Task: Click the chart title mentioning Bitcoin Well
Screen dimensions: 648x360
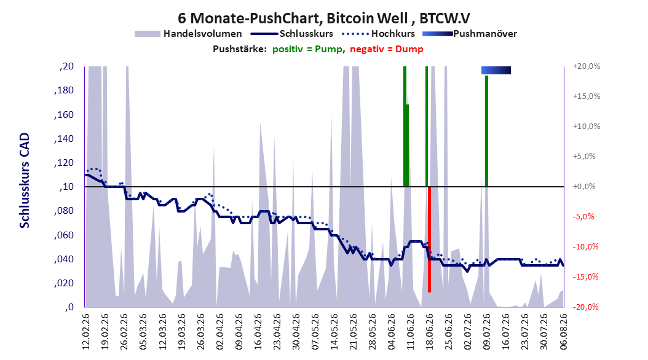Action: pyautogui.click(x=323, y=18)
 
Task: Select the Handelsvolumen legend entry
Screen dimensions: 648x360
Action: pyautogui.click(x=188, y=34)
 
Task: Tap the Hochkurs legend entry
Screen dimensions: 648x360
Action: pyautogui.click(x=378, y=34)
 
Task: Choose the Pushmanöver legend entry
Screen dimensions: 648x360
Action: pyautogui.click(x=470, y=34)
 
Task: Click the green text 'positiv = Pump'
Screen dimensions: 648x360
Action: pyautogui.click(x=307, y=49)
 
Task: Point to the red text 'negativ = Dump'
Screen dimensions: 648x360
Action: pyautogui.click(x=387, y=49)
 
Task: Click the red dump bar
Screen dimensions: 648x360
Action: pyautogui.click(x=429, y=240)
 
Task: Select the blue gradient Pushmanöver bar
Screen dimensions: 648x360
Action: pyautogui.click(x=496, y=70)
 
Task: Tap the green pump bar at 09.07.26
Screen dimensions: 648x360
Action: pyautogui.click(x=486, y=131)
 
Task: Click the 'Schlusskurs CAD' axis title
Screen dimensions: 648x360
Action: pyautogui.click(x=25, y=181)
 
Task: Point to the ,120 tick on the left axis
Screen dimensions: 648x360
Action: pyautogui.click(x=64, y=163)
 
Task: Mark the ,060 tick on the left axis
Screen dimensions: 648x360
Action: pyautogui.click(x=64, y=235)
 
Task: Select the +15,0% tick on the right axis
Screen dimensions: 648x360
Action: pyautogui.click(x=587, y=96)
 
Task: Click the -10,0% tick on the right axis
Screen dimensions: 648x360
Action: pyautogui.click(x=585, y=247)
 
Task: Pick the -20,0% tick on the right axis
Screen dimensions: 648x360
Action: pyautogui.click(x=585, y=307)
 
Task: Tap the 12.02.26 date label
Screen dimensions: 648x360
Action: pyautogui.click(x=86, y=332)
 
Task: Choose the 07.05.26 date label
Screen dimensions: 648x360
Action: pyautogui.click(x=315, y=332)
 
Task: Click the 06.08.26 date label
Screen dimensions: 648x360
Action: pyautogui.click(x=563, y=332)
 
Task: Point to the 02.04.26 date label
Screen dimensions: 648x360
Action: pyautogui.click(x=220, y=332)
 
